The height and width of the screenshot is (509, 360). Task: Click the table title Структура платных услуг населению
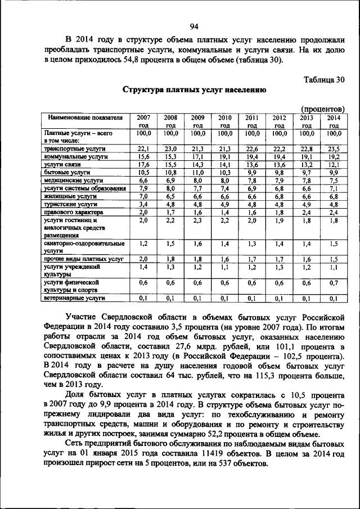click(x=191, y=90)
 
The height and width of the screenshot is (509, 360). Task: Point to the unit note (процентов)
click(x=322, y=108)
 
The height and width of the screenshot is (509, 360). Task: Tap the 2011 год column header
click(x=252, y=121)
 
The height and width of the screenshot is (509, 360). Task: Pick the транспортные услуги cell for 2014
click(x=334, y=148)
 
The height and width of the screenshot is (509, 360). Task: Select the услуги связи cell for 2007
click(x=143, y=164)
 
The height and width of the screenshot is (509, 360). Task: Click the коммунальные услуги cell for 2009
click(x=197, y=156)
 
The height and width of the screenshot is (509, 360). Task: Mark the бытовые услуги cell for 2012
click(x=280, y=172)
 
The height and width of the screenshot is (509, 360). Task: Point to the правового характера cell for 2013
click(x=307, y=212)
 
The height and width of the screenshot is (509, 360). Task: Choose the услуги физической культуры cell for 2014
click(x=334, y=283)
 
